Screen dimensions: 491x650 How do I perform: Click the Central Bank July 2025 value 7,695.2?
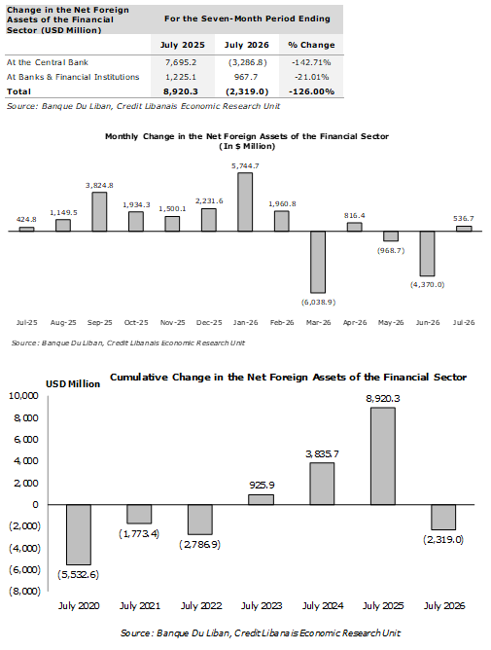[181, 62]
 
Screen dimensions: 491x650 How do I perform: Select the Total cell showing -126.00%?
[311, 91]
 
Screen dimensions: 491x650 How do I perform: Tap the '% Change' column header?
[311, 45]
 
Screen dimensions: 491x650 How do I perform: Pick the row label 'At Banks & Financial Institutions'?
[73, 77]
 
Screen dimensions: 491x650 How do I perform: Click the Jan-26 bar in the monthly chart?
[245, 201]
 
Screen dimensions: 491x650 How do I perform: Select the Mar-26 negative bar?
[318, 262]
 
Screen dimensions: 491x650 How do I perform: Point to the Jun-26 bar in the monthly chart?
[427, 253]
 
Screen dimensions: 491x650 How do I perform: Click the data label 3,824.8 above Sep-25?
[99, 185]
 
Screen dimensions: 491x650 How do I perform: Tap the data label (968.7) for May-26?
[391, 251]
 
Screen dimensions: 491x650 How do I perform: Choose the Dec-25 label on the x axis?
[209, 322]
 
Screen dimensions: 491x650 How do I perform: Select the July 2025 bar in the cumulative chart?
[383, 456]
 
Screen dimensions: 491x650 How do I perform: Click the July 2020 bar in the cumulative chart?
[79, 534]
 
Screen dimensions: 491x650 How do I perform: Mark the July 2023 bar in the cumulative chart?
[261, 499]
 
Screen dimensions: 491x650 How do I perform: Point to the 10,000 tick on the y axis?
[23, 396]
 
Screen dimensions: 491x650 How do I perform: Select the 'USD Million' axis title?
[73, 384]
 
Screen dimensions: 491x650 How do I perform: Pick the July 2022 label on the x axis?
[201, 606]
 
